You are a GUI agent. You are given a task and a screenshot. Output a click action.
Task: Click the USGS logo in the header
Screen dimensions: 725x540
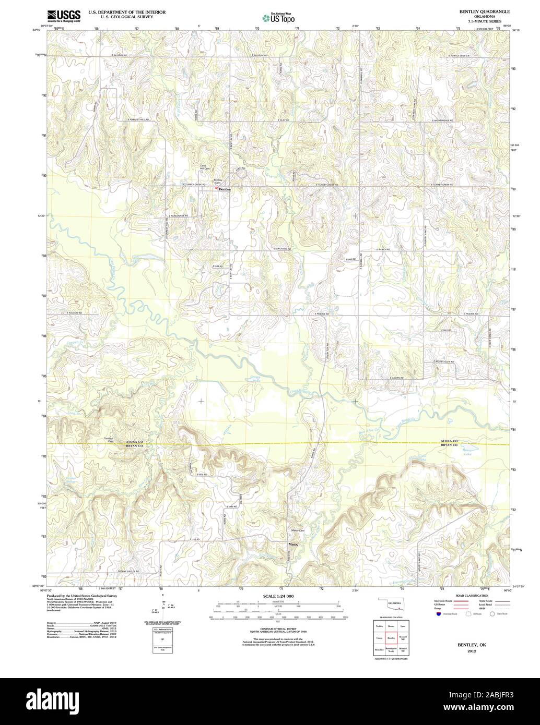[63, 16]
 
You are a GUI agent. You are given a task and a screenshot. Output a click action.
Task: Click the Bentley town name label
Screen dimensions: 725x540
[225, 189]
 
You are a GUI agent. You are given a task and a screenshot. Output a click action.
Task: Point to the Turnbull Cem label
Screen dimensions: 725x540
[109, 439]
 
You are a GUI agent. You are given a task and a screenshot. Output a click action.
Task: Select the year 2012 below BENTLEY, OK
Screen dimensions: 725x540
[472, 651]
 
